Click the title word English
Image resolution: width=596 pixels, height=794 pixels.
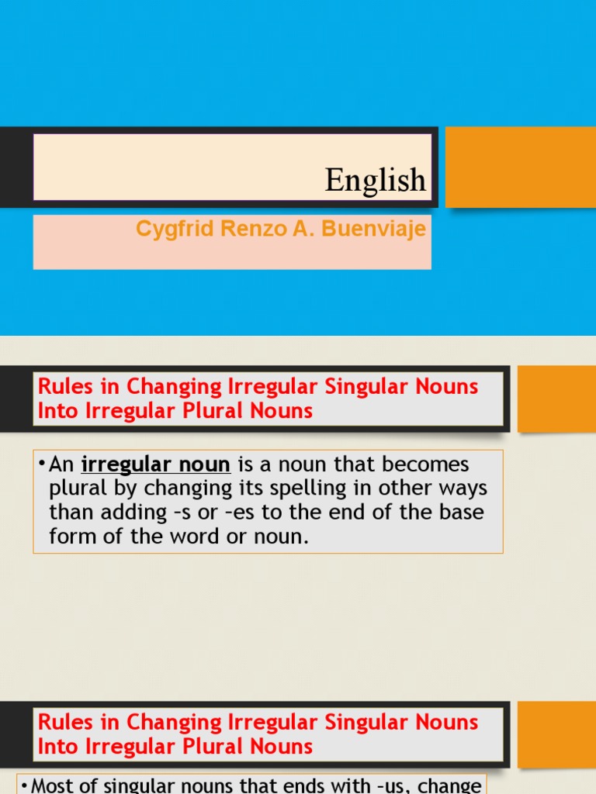(376, 181)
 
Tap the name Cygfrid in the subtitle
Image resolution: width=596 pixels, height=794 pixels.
(168, 230)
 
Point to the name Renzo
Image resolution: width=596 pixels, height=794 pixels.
(237, 230)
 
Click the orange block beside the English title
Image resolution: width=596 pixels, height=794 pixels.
(520, 167)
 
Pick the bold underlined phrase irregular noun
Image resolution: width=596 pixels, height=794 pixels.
(155, 464)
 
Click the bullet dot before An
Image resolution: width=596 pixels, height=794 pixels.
(41, 464)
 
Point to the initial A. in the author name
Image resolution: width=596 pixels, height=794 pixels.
(282, 230)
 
